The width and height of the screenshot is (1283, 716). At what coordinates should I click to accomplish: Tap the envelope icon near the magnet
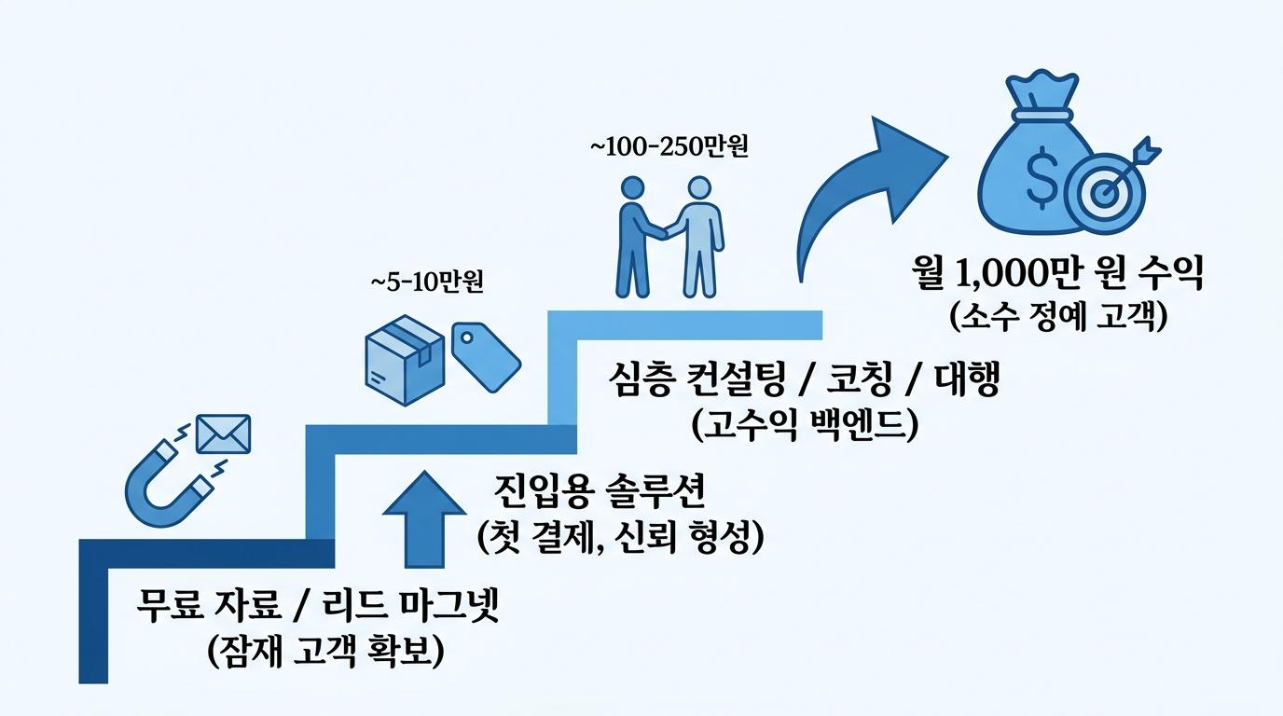click(x=224, y=434)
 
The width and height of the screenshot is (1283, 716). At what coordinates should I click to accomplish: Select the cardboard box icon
click(x=405, y=360)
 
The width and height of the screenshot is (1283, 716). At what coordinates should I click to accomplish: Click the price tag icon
click(x=487, y=357)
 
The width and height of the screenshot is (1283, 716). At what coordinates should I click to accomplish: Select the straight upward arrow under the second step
click(x=424, y=519)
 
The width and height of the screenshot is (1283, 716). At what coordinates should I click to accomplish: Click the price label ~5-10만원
click(x=427, y=282)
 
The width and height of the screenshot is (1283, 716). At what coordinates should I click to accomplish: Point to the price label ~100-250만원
click(x=669, y=147)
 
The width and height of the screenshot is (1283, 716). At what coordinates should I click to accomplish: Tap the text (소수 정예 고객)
click(x=1058, y=316)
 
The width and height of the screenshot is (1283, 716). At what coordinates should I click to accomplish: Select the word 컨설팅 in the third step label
click(x=736, y=379)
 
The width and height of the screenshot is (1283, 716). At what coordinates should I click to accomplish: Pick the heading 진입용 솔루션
click(x=600, y=491)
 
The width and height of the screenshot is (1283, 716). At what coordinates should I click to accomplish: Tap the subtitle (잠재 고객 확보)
click(x=325, y=651)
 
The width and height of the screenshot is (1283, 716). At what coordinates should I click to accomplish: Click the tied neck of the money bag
click(x=1042, y=115)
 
